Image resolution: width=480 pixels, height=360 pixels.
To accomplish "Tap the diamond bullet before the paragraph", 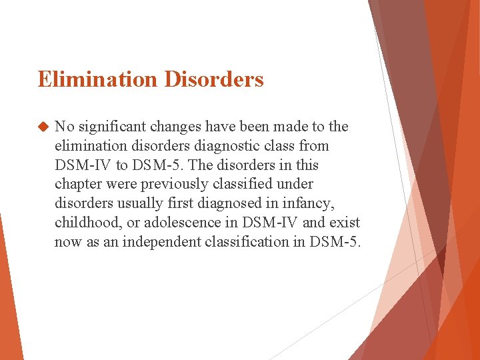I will pos(44,127).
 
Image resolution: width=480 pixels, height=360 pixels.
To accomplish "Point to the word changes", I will pos(175,127).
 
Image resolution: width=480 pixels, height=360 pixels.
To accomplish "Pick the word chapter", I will pos(78,184).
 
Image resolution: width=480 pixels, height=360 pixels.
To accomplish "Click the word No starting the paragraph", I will pos(64,127).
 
